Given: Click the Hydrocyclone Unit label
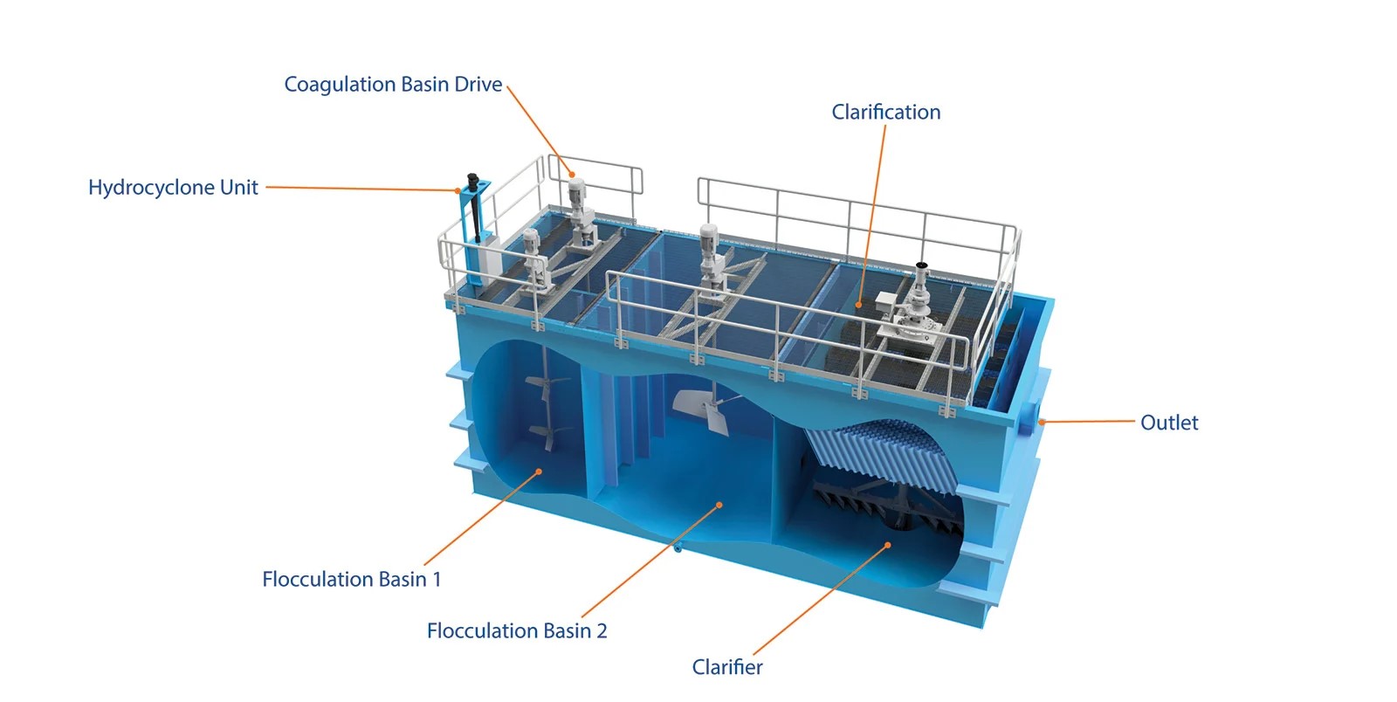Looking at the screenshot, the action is click(173, 188).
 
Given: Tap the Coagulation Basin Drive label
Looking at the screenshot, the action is click(393, 85).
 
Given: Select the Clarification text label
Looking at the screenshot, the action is click(885, 113).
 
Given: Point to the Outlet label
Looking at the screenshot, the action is click(1169, 423).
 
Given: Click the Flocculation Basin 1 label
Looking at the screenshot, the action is click(351, 579).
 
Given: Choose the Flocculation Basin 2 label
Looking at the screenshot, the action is click(516, 631).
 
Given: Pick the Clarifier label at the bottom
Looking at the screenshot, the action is click(727, 667).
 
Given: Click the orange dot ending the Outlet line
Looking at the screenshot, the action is click(1042, 422).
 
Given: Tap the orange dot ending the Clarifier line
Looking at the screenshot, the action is click(888, 545).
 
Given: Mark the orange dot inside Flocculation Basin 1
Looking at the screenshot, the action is click(540, 471).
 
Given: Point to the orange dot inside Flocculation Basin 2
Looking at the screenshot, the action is click(719, 505).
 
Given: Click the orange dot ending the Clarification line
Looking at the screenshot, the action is click(859, 305).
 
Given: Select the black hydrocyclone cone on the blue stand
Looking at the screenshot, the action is click(475, 206).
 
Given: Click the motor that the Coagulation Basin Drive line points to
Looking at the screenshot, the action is click(576, 192).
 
